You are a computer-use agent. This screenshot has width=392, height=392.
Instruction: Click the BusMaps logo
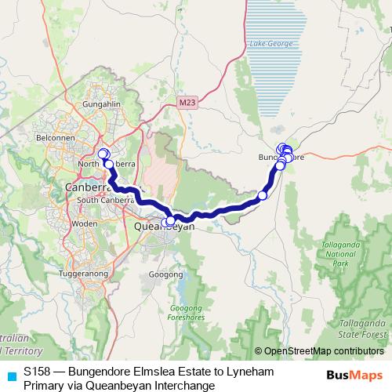coord(354,376)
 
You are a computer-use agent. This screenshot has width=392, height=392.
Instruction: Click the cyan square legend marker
coord(10,375)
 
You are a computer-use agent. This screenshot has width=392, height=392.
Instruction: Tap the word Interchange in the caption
coord(183,385)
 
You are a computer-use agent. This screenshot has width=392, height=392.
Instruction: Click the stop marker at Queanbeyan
coord(170,221)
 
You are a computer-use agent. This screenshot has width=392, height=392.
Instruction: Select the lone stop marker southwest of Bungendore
coord(263,195)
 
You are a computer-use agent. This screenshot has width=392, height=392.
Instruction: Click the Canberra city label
coord(89,188)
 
